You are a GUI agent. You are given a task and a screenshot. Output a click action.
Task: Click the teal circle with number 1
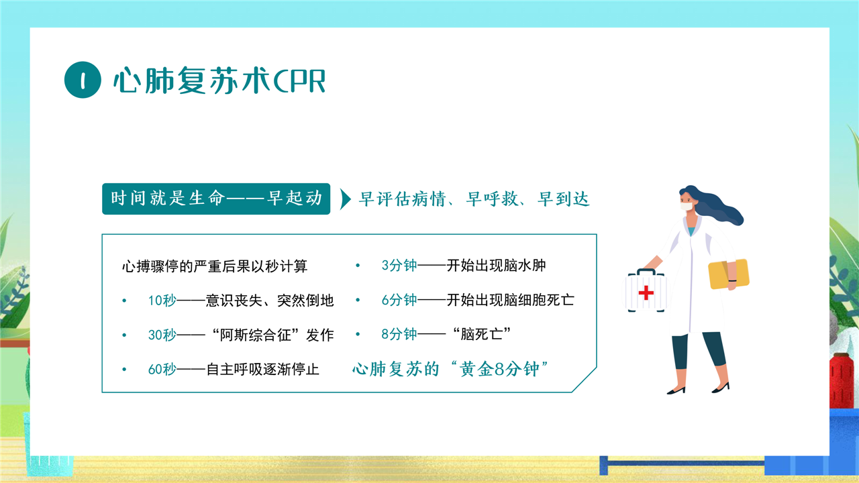coord(83,80)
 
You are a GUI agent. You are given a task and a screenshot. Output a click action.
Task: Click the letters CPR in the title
coord(299,81)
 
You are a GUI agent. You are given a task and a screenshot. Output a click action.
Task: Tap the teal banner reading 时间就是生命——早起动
coord(216,199)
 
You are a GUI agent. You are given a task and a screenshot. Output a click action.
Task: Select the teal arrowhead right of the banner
coord(346,199)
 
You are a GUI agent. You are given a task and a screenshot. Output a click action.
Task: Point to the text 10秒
coord(162,301)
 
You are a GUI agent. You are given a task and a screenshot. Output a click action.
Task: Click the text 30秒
coord(162,335)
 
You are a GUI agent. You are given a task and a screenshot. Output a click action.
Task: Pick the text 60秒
coord(162,370)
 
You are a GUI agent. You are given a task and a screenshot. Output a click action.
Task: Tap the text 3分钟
coord(399,265)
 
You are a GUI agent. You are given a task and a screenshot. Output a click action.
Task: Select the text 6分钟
coord(399,300)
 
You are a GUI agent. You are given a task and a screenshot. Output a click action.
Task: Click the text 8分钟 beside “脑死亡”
coord(399,334)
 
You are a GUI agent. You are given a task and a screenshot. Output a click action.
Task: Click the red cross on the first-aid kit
coord(646,292)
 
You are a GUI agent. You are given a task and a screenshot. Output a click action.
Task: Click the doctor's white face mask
coord(687,206)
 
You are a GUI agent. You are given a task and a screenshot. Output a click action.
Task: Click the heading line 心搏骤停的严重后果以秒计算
coord(215,266)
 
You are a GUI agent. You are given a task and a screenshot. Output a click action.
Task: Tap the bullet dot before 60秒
coord(124,370)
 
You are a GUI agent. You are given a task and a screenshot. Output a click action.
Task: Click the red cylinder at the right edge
coord(842,382)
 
